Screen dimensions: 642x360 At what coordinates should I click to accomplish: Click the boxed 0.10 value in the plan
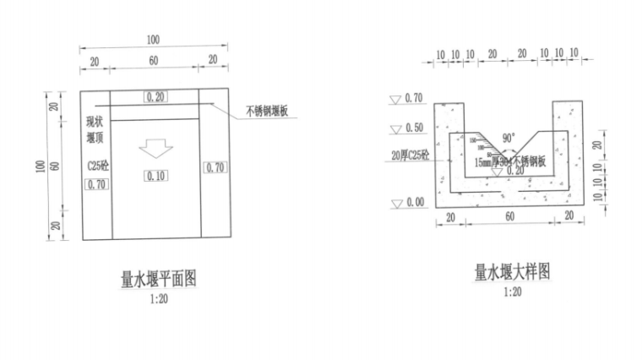pyautogui.click(x=155, y=176)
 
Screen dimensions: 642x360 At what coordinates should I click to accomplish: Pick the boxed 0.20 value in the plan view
pyautogui.click(x=156, y=97)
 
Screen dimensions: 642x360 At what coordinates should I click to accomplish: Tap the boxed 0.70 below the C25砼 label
pyautogui.click(x=96, y=184)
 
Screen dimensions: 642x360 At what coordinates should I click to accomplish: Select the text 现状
pyautogui.click(x=94, y=122)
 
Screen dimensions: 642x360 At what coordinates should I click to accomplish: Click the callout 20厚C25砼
pyautogui.click(x=411, y=155)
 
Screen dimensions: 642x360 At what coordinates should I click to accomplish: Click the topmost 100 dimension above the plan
pyautogui.click(x=153, y=40)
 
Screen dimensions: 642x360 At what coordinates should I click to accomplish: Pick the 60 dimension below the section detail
pyautogui.click(x=509, y=216)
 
